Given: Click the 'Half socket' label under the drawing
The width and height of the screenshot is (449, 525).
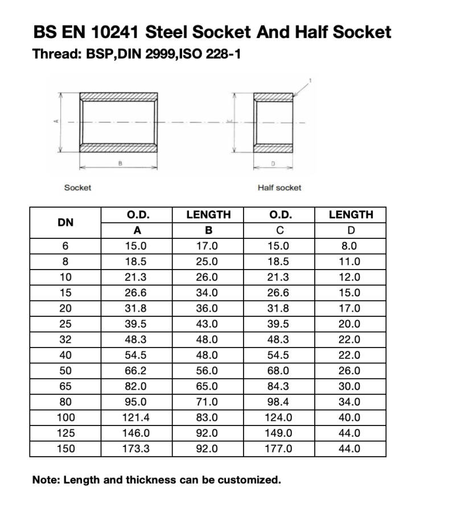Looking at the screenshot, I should point(279,187).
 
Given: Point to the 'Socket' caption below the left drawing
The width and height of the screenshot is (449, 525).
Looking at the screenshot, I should point(77,187).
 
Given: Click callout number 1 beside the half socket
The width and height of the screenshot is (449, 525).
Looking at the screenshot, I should point(311,80).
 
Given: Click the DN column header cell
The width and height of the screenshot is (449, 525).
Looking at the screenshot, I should point(65,222).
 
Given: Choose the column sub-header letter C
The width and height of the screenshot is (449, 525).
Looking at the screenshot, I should point(280,230).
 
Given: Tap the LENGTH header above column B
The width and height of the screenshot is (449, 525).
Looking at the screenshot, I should point(209,215).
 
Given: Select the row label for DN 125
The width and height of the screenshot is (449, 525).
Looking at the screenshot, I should point(65,433).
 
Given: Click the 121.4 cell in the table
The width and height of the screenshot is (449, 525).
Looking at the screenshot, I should point(137,417).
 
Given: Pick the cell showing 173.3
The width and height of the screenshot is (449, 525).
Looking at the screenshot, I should point(137,448).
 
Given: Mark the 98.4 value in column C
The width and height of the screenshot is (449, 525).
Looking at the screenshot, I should point(280,402).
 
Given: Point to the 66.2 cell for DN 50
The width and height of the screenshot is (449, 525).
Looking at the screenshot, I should point(137,371).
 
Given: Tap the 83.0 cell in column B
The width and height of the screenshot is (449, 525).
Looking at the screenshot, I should point(208,417).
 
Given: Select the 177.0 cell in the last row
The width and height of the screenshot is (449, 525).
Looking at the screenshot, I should point(280,448).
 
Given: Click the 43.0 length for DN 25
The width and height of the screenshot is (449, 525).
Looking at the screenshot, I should point(208,324).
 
